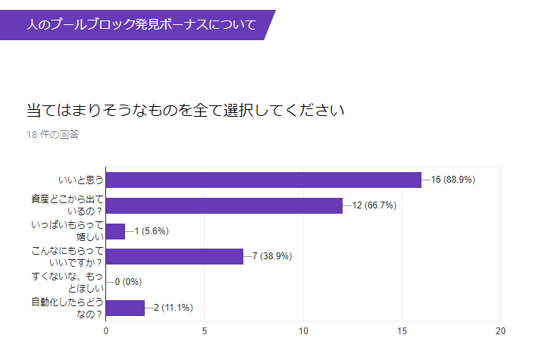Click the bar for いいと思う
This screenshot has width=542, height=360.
(x=263, y=180)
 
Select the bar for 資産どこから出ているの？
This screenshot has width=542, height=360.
(x=224, y=205)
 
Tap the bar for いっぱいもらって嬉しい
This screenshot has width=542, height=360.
(x=115, y=231)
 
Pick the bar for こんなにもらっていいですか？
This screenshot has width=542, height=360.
(x=174, y=256)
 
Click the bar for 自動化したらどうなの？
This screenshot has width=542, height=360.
(x=125, y=308)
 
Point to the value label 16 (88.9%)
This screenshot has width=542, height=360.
(x=453, y=180)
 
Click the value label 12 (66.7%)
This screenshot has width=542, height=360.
(x=374, y=205)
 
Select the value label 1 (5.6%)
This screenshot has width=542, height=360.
(x=151, y=231)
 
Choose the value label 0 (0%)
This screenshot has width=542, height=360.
(x=128, y=282)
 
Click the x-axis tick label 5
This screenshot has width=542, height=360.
(x=205, y=331)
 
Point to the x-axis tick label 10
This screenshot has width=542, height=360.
(x=303, y=331)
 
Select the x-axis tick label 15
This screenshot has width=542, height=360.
(x=402, y=331)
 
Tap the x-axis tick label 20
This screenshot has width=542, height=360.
(x=500, y=331)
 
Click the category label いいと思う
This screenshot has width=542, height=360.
(x=80, y=180)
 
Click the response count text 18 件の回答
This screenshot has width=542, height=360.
(x=52, y=135)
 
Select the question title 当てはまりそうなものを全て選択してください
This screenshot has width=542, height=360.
(x=186, y=110)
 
